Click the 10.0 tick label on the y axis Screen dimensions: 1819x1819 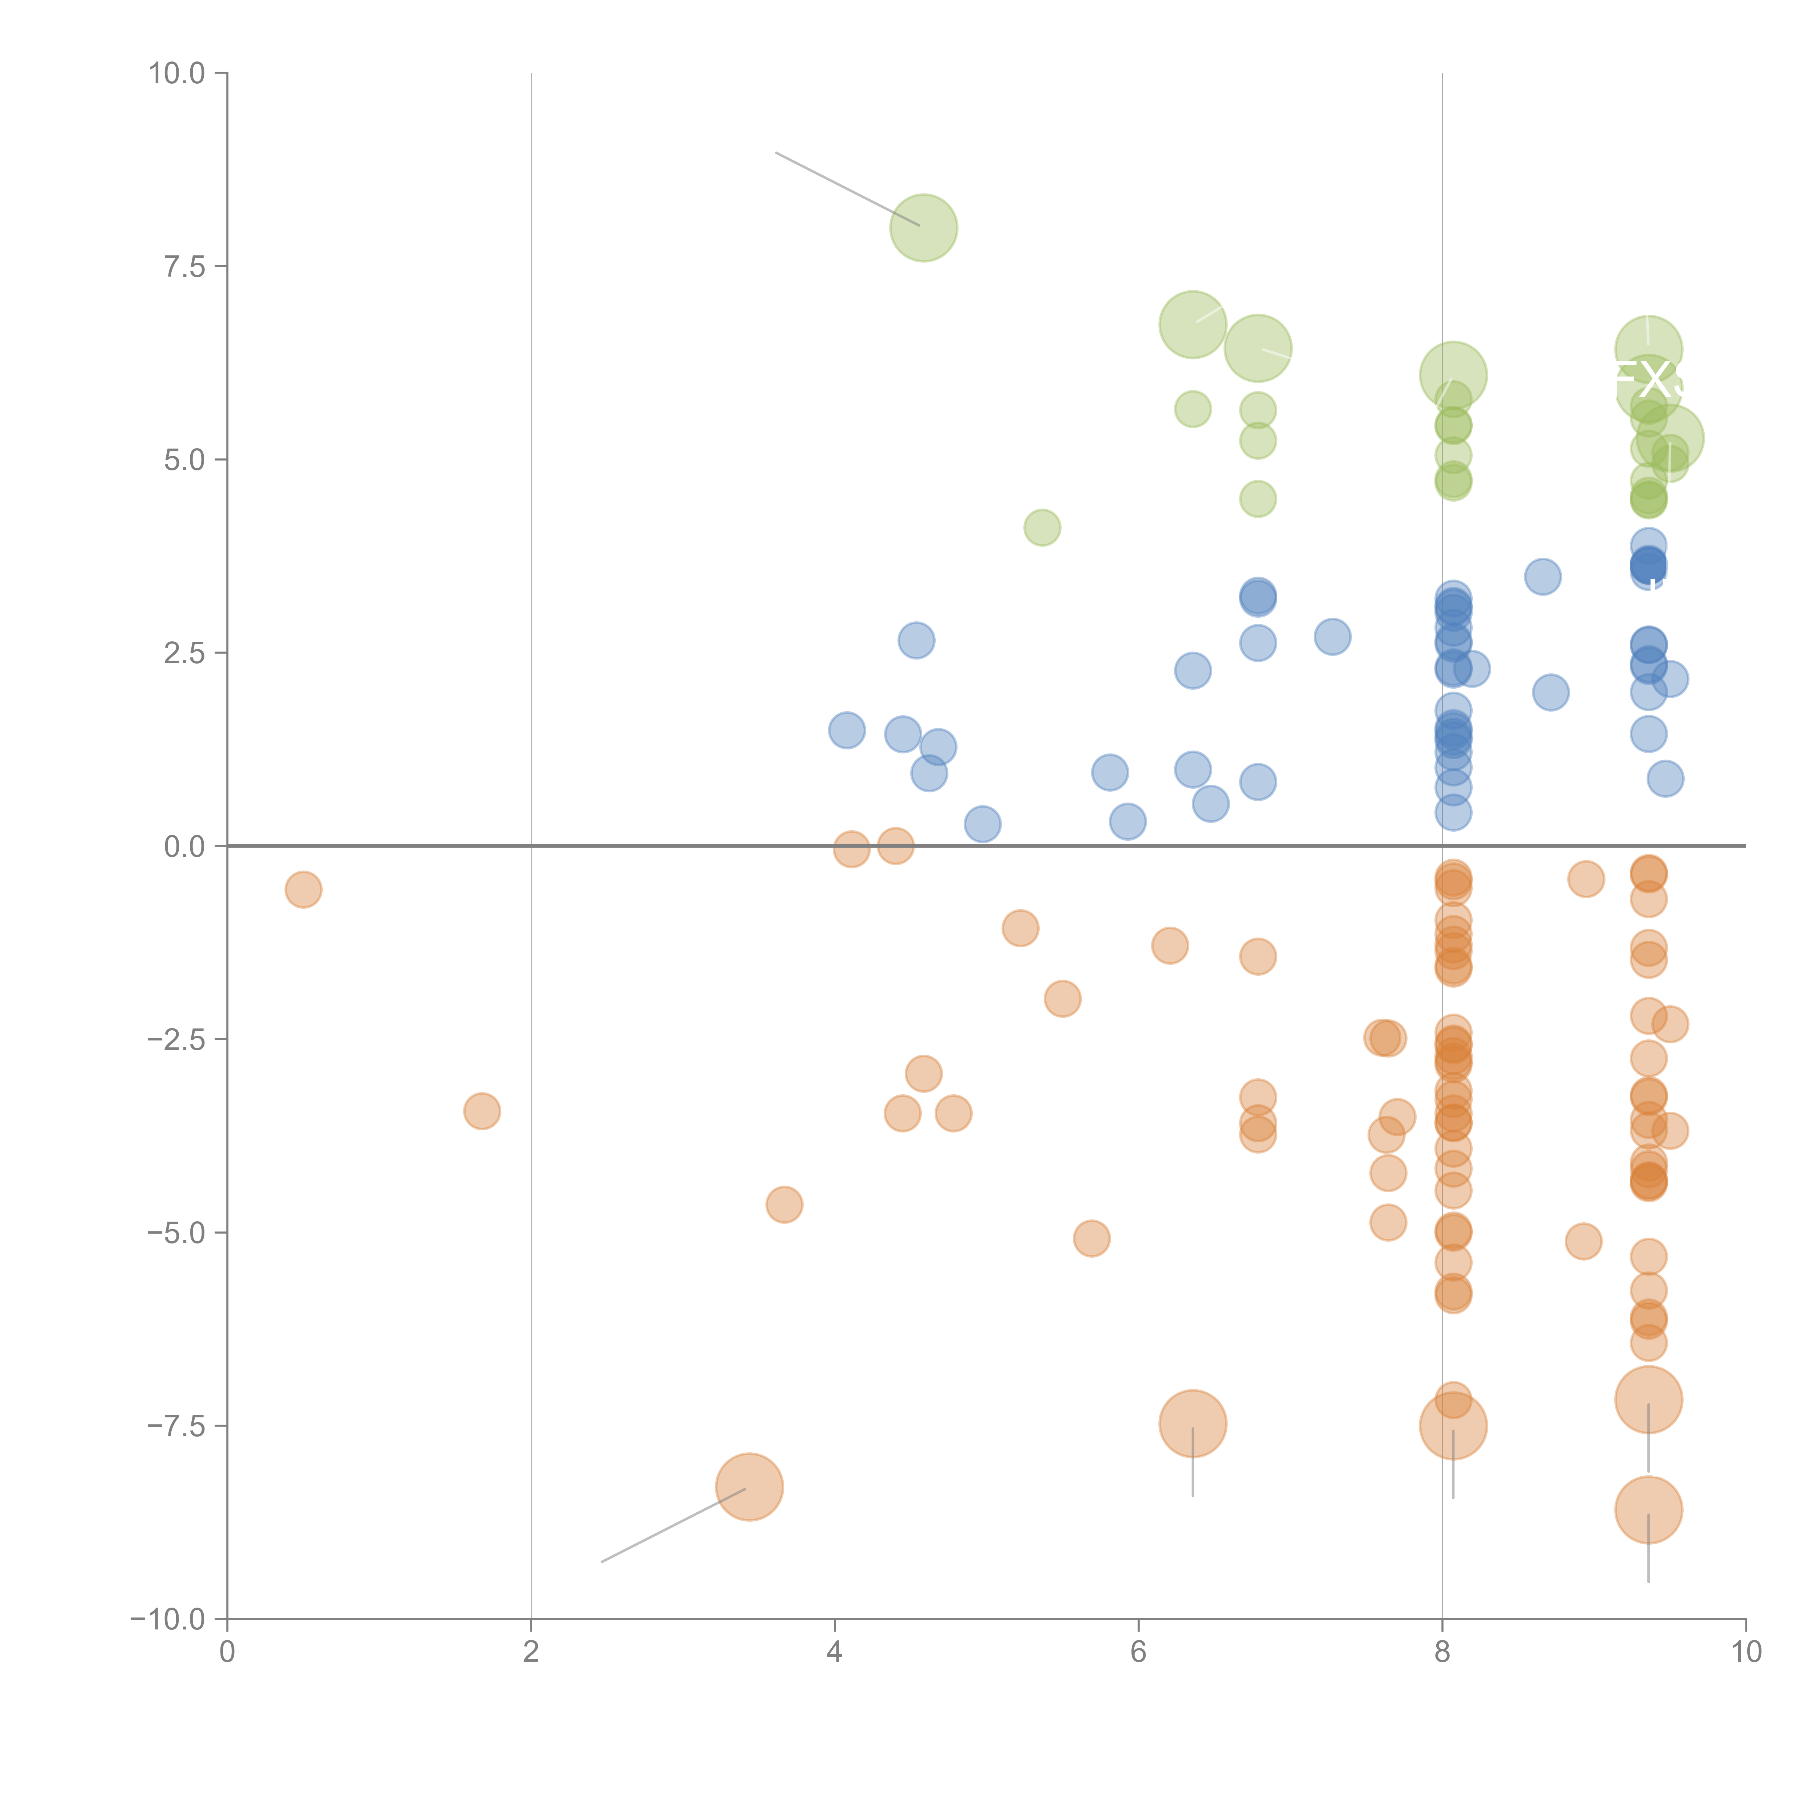coord(177,73)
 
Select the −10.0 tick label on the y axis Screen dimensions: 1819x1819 coord(168,1619)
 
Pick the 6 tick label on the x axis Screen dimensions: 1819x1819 coord(1138,1652)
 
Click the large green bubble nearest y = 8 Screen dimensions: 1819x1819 coord(924,228)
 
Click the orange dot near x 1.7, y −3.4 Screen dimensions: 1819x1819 coord(482,1111)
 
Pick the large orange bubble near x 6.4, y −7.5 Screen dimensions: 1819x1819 coord(1193,1424)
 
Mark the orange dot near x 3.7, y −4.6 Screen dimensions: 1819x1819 coord(784,1204)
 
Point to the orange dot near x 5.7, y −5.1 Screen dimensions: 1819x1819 coord(1091,1238)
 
